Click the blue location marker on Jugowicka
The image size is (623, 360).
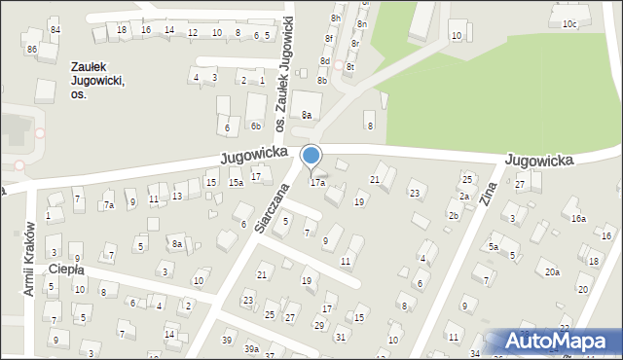coord(311,156)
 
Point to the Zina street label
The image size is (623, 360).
coord(488,195)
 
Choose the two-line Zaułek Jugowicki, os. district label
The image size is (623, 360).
coord(98,82)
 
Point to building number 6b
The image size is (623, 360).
coord(255,126)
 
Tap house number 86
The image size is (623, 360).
coord(32,49)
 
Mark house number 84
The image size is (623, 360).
coord(55,30)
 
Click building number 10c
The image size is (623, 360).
coord(569,23)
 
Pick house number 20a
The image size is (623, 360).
coord(552,271)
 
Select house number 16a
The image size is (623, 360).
coord(578,220)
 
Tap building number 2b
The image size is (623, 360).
coord(454,215)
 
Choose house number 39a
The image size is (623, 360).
coord(251,348)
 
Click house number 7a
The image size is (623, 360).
coord(110,205)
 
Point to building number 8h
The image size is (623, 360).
coord(335,18)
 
